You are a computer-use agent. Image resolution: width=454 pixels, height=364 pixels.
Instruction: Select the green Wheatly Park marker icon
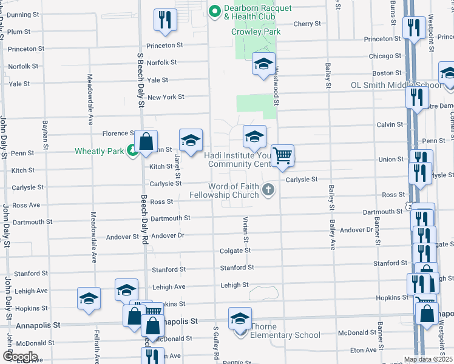pyautogui.click(x=132, y=151)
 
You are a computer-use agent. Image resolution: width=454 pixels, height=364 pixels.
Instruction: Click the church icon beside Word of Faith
pyautogui.click(x=267, y=190)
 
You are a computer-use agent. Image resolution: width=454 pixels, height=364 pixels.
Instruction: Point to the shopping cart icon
pyautogui.click(x=282, y=155)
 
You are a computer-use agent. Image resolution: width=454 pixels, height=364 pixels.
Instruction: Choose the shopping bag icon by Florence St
pyautogui.click(x=146, y=143)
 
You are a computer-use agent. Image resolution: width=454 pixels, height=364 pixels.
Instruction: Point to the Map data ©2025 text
pyautogui.click(x=429, y=360)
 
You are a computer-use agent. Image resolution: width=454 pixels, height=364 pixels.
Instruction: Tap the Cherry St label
pyautogui.click(x=307, y=24)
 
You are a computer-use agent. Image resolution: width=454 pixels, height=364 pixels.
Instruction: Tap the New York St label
pyautogui.click(x=166, y=97)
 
